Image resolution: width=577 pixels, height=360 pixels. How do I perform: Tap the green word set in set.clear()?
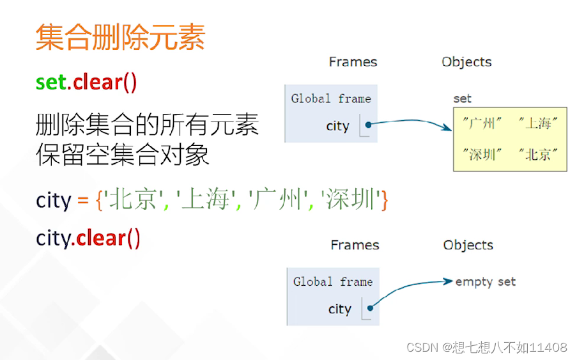pos(51,82)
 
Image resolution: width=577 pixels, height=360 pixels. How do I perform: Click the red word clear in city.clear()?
pos(100,238)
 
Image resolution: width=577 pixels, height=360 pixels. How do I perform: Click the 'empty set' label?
pos(486,281)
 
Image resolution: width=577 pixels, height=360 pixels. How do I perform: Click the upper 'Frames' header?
pos(353,62)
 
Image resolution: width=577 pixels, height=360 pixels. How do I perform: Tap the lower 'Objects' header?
pos(468,245)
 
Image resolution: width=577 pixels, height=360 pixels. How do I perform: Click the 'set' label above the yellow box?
pos(462,98)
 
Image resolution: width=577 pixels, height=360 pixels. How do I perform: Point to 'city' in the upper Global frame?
pos(337,126)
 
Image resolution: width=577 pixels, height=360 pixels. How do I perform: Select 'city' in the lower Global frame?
pos(339,309)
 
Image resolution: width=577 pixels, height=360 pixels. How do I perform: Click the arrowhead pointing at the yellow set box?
pos(447,128)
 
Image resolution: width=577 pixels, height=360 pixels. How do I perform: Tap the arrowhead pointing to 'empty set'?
pos(449,281)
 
